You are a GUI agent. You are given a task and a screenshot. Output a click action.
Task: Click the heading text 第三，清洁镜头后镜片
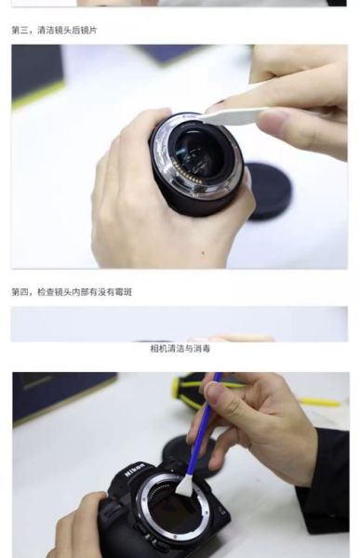point(54,31)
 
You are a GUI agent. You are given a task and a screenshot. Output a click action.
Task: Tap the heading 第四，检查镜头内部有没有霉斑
point(72,292)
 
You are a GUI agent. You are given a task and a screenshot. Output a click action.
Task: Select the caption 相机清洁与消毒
point(180,349)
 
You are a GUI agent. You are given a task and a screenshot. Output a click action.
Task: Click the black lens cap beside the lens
point(269,191)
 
